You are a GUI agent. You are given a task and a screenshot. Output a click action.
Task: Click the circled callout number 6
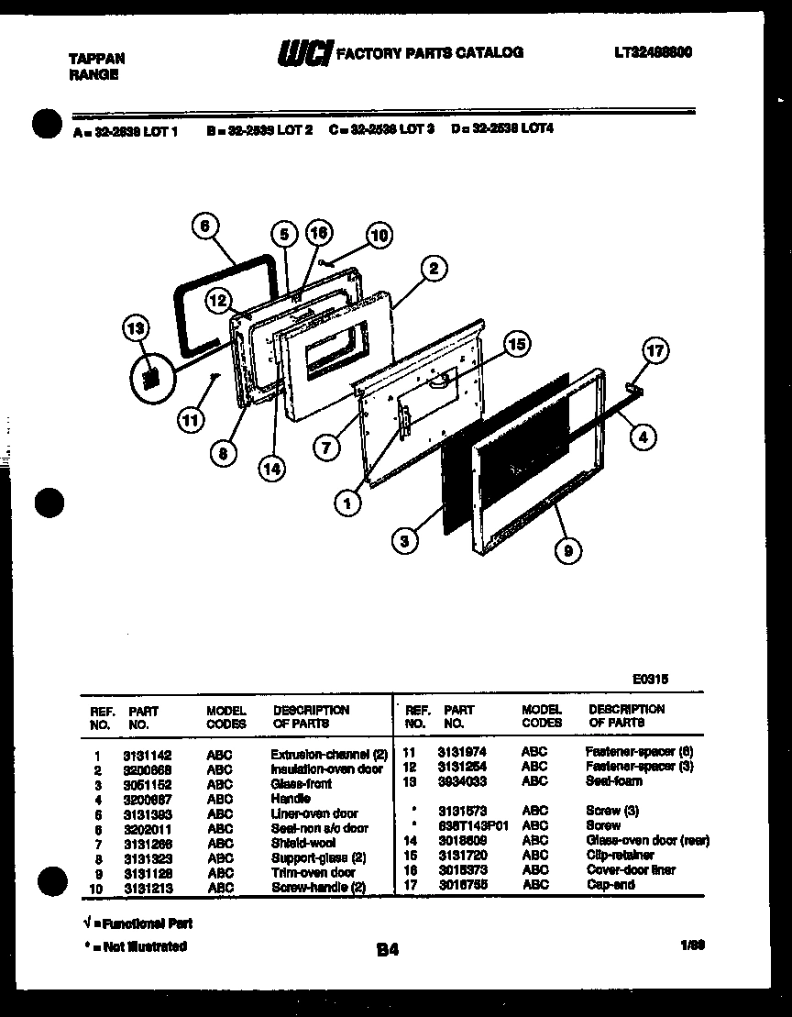(x=204, y=227)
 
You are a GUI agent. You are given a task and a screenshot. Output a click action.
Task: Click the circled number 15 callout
(x=517, y=344)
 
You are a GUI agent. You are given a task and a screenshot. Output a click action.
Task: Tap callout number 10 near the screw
(x=378, y=236)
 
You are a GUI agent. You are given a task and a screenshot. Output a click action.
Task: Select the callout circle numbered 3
(x=404, y=541)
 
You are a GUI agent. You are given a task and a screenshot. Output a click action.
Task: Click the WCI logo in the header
(x=304, y=55)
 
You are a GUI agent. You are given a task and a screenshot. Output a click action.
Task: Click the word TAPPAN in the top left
(x=97, y=59)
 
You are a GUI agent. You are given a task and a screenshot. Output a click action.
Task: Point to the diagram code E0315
(x=650, y=680)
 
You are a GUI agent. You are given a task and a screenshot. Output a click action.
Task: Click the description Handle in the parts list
(x=291, y=799)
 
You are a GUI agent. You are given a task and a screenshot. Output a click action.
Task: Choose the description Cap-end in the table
(x=610, y=884)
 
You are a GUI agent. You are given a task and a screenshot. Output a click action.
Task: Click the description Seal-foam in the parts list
(x=613, y=781)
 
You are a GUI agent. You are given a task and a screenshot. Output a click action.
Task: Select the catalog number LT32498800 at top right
(x=653, y=53)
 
